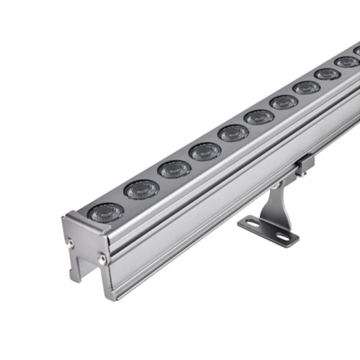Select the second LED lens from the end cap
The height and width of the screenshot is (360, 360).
pos(141,189)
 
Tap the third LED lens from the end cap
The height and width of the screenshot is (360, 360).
pos(175,169)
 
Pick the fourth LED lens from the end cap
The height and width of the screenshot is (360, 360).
pos(205,151)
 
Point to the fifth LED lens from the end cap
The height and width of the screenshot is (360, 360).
pos(233,133)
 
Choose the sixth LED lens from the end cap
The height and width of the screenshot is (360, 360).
pos(259,117)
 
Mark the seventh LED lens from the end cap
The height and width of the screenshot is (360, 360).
pos(284,102)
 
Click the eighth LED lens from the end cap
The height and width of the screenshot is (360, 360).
pos(306,87)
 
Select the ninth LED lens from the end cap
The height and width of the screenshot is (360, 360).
pos(327,74)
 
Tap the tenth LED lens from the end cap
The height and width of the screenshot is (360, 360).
pos(346,62)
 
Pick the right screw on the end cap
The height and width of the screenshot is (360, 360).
pos(102,258)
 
